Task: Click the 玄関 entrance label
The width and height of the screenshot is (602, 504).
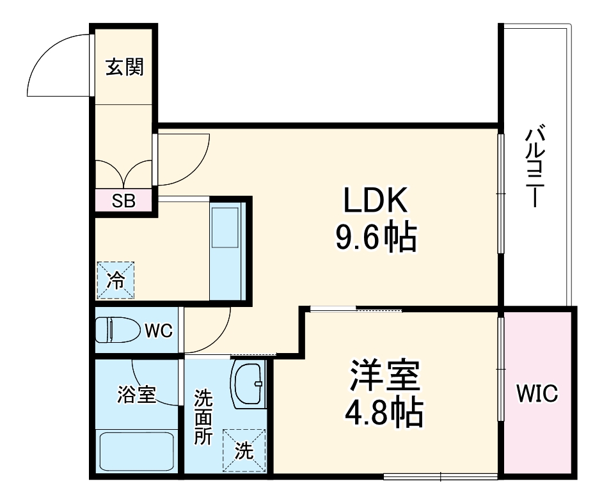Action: click(x=124, y=67)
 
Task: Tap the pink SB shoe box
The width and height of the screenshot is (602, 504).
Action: click(x=124, y=201)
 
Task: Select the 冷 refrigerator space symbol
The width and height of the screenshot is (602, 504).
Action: click(x=116, y=280)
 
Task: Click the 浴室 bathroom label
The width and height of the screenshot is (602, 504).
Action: click(x=136, y=395)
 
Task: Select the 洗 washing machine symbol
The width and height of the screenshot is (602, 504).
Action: click(x=243, y=450)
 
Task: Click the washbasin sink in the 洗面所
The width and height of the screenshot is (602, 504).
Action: click(x=248, y=383)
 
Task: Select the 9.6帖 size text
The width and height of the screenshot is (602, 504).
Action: click(x=376, y=238)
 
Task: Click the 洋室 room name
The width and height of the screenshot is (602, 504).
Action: click(x=384, y=376)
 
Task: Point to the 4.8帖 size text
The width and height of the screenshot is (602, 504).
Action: click(x=384, y=413)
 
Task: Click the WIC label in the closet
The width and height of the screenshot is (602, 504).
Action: click(x=537, y=394)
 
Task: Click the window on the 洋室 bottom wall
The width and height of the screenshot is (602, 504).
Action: click(x=441, y=476)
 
